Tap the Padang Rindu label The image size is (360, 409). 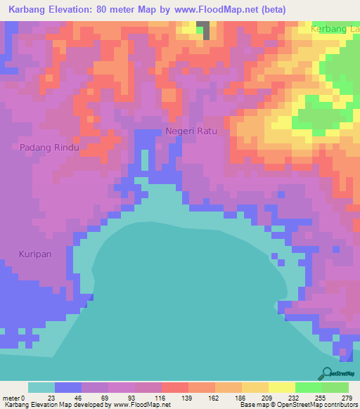(x=49, y=147)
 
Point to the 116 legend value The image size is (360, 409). (x=160, y=398)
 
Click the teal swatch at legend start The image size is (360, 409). (x=41, y=387)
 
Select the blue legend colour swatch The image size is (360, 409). (x=68, y=387)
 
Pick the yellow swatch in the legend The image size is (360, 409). (x=281, y=387)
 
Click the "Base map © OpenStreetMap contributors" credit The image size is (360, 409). (x=297, y=405)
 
